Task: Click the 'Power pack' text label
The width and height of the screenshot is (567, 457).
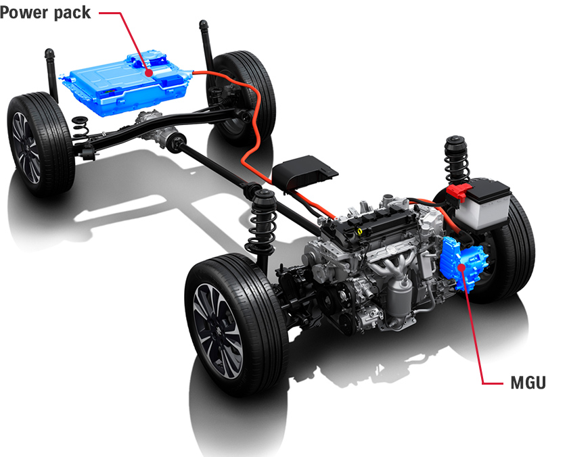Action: coord(45,13)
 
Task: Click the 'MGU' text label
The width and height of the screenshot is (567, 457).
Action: coord(528,383)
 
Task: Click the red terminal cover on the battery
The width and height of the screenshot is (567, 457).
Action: coord(459,192)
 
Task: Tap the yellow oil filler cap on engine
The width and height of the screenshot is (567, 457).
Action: coord(359,231)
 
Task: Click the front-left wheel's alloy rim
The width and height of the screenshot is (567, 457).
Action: coord(218,329)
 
